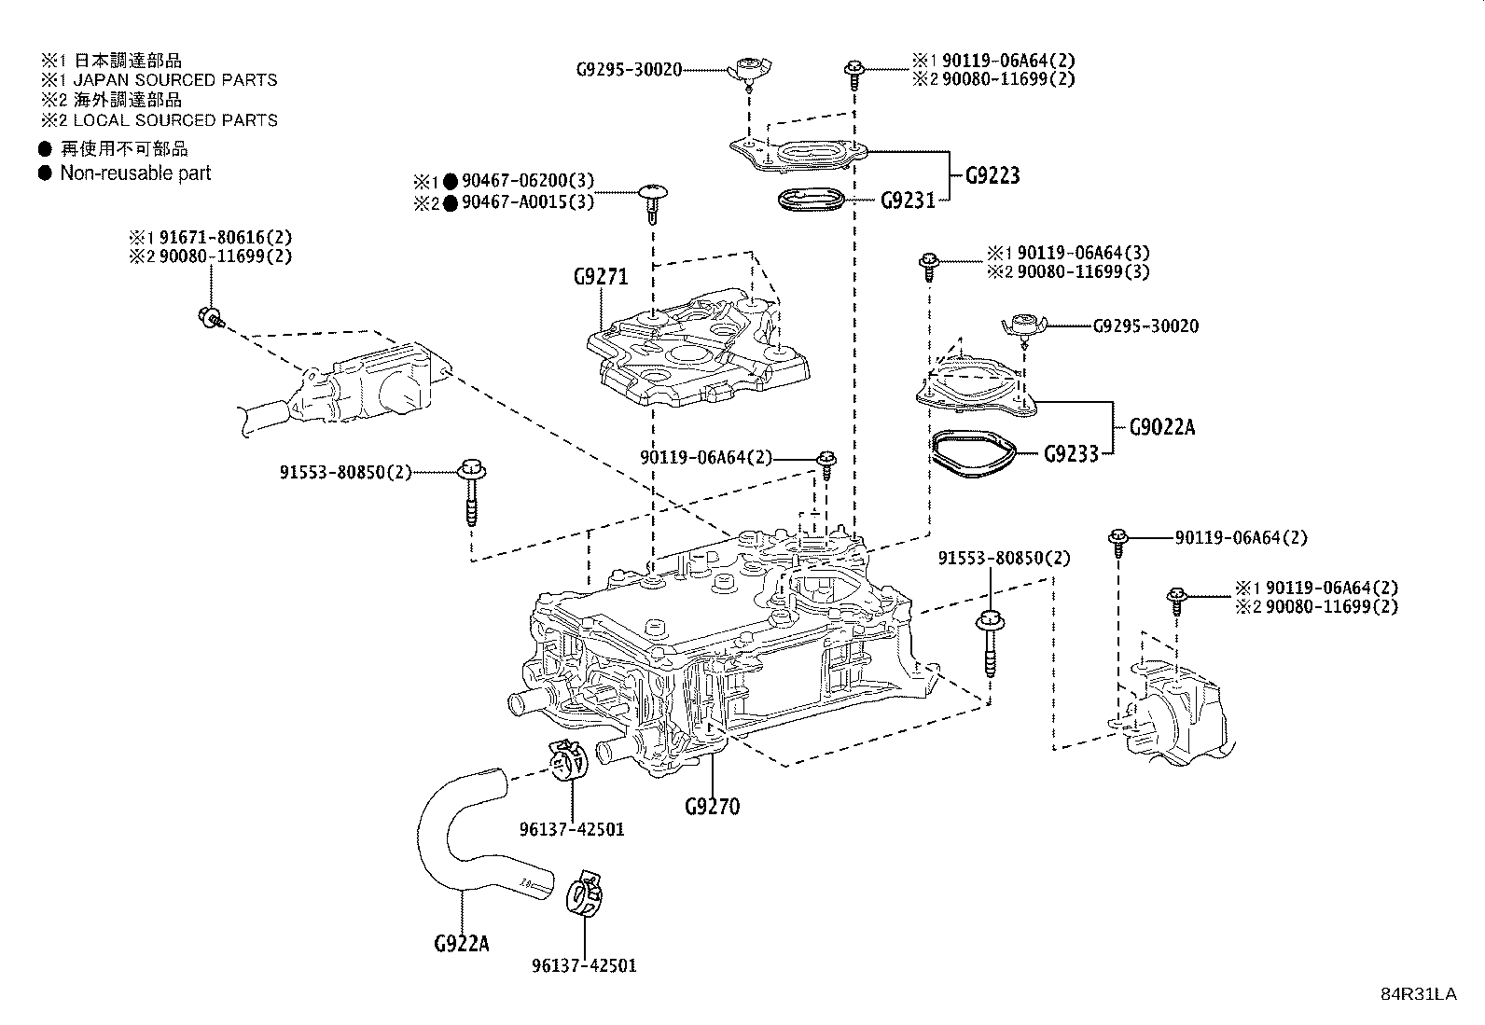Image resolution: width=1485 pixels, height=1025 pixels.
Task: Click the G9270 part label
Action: click(711, 807)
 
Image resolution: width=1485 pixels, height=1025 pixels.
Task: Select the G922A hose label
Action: click(461, 943)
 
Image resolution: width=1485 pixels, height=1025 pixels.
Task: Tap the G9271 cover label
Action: click(601, 277)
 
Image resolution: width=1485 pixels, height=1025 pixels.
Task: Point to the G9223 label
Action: click(992, 175)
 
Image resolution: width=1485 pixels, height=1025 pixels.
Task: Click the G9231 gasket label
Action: click(908, 200)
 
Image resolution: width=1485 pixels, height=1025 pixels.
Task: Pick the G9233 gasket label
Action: click(1071, 454)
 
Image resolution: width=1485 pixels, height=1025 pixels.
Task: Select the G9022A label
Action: click(1161, 427)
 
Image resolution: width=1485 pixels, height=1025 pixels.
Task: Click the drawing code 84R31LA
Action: click(1418, 994)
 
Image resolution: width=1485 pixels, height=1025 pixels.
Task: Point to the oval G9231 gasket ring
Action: click(811, 199)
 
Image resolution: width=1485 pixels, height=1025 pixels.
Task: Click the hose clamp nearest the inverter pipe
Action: click(568, 761)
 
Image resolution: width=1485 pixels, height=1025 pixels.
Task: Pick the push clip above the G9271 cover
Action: click(652, 201)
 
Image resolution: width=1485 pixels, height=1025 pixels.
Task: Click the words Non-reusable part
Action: click(135, 173)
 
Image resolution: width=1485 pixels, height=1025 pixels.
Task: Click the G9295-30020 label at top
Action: click(630, 69)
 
